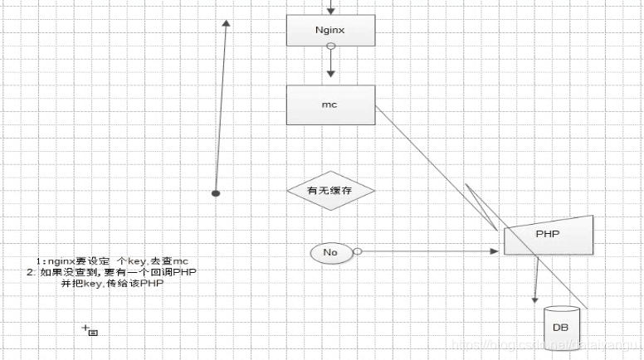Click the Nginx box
[x=330, y=30]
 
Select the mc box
[x=330, y=105]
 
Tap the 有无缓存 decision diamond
[x=330, y=191]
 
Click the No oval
[x=330, y=251]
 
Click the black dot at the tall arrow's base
[x=216, y=193]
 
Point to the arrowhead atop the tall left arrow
[x=226, y=24]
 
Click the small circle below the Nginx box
[x=330, y=48]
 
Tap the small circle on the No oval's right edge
[x=357, y=251]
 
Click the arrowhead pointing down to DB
[x=534, y=299]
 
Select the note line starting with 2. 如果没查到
[x=112, y=272]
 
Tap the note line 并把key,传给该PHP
[x=112, y=283]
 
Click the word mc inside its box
[x=329, y=105]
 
